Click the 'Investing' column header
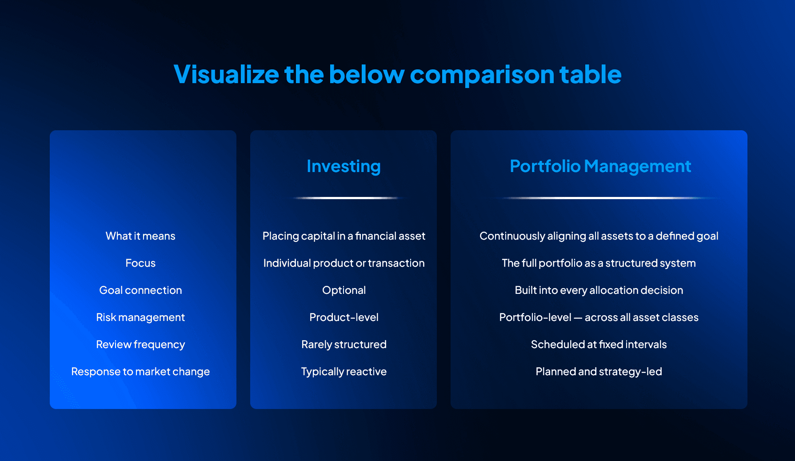pos(344,166)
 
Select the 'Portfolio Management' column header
pos(600,166)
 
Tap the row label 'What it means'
pos(140,236)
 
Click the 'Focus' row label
pos(140,263)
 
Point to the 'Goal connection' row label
pos(140,290)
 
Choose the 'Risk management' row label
pos(140,317)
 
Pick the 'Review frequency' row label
pos(140,345)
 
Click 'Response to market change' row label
pos(140,372)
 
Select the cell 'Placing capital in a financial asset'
pos(344,236)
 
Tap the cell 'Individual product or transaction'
pos(344,263)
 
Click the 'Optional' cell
pos(344,290)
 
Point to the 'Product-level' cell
pos(344,317)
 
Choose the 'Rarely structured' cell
pos(344,345)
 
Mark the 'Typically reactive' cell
pos(344,372)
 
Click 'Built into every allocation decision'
pos(599,290)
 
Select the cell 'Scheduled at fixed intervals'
pos(599,345)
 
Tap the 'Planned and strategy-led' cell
pos(599,372)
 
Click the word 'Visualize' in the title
pos(226,74)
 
